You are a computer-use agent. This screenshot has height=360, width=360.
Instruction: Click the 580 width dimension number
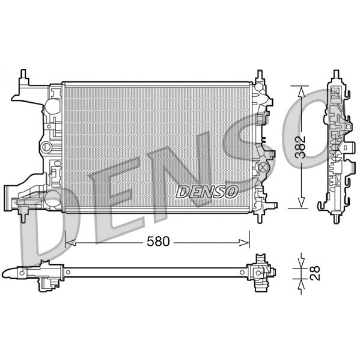(158, 241)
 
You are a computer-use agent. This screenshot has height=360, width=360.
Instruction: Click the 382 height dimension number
(300, 147)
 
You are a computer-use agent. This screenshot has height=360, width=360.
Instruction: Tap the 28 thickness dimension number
(315, 273)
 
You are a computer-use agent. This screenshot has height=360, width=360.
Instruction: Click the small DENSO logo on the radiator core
(206, 192)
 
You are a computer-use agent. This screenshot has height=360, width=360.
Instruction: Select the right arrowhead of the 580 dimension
(244, 243)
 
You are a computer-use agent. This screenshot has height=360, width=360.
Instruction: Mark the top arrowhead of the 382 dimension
(301, 91)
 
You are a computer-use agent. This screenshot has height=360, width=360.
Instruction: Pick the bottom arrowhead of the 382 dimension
(301, 203)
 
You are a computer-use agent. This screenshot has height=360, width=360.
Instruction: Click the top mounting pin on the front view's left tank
(24, 74)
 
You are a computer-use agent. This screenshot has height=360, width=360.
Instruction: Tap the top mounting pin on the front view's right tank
(260, 75)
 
